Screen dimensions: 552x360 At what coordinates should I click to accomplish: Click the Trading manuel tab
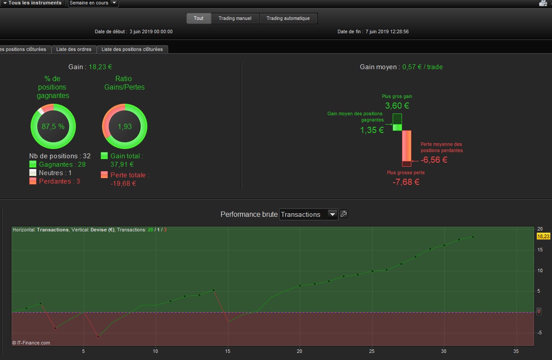(235, 19)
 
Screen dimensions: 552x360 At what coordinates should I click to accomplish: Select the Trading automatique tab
(288, 19)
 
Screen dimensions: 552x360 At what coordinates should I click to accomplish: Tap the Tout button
(199, 19)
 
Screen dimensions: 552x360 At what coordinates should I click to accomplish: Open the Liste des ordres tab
(74, 49)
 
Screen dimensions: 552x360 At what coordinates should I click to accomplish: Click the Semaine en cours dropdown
(93, 3)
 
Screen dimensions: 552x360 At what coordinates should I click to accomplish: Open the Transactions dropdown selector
(308, 215)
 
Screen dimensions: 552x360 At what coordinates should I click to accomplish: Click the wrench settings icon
(343, 214)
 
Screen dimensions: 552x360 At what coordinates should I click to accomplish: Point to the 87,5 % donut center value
(53, 126)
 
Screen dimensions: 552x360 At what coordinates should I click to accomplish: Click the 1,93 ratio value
(125, 126)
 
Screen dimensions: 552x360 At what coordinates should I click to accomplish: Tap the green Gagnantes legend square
(33, 164)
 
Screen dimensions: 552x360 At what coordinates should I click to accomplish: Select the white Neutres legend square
(33, 172)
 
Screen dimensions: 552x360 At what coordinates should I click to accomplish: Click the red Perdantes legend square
(33, 181)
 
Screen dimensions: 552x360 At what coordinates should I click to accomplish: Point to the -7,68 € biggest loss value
(406, 182)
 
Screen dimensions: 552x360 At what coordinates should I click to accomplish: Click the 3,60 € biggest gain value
(397, 106)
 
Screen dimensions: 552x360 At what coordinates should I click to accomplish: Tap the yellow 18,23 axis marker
(543, 236)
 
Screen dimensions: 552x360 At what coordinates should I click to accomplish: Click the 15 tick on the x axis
(228, 351)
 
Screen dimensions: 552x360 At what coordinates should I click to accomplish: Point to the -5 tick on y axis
(539, 333)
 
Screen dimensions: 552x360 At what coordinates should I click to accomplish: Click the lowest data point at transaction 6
(99, 337)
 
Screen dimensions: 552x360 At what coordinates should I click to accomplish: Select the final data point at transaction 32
(473, 237)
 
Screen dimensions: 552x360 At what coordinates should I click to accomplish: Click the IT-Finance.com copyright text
(31, 343)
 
